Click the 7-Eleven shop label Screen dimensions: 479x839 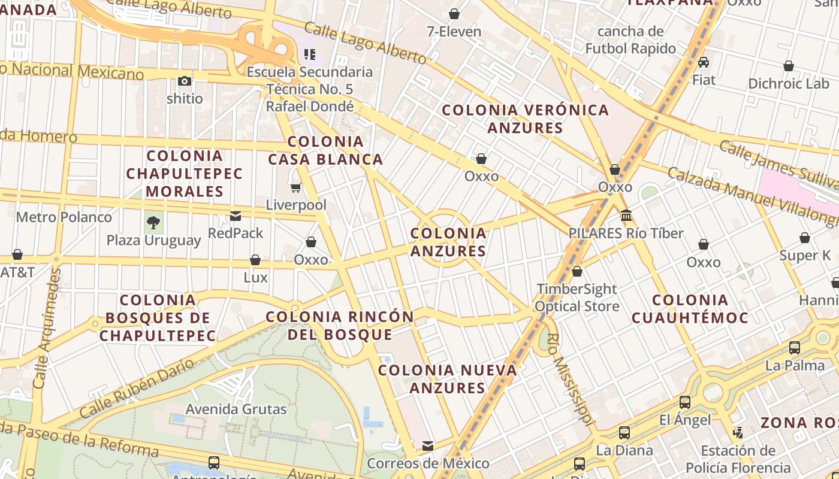tap(454, 31)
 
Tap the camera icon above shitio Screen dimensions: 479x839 tap(185, 81)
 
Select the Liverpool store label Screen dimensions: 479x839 tap(296, 205)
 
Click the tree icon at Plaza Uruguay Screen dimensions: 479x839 tap(153, 223)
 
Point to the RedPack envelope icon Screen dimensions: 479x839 tap(236, 216)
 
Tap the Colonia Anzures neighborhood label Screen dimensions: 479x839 tap(448, 242)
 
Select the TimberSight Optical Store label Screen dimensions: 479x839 tap(577, 298)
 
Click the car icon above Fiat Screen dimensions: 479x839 tap(704, 62)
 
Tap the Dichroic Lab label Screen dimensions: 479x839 tap(788, 83)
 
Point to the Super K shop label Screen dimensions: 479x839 tap(805, 256)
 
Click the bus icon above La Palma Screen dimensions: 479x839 tap(795, 347)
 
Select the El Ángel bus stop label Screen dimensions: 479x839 tap(685, 420)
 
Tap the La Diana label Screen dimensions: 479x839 tap(624, 450)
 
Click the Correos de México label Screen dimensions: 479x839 tap(428, 463)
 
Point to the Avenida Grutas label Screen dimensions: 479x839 tap(236, 409)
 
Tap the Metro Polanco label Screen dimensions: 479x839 tap(64, 217)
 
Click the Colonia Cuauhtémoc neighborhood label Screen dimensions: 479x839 tap(690, 308)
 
